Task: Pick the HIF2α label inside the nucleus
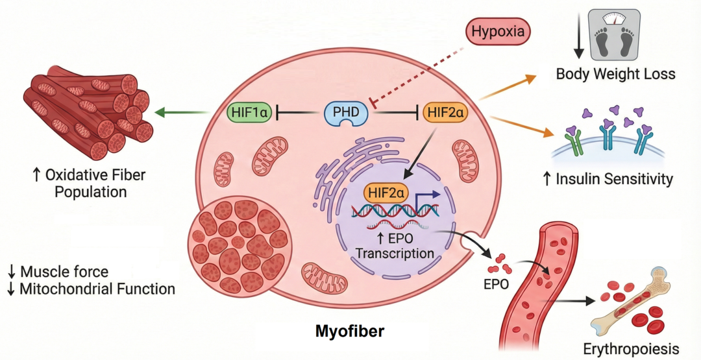click(387, 193)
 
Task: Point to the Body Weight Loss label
click(615, 74)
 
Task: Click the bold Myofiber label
click(349, 331)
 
